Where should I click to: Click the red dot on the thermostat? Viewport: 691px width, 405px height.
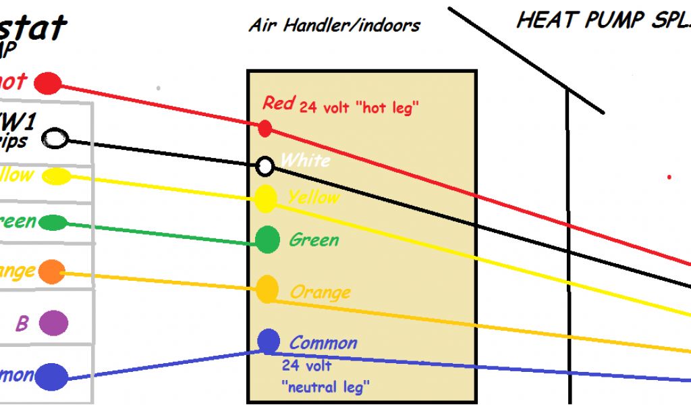point(48,84)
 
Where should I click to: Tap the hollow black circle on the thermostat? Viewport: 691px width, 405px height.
point(55,140)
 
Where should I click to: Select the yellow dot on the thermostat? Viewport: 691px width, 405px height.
point(56,176)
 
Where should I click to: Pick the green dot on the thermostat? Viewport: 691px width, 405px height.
point(53,223)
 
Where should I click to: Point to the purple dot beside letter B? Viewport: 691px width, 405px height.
point(53,323)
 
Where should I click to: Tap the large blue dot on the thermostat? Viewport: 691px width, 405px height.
point(52,377)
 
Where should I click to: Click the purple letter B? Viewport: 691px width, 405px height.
point(22,324)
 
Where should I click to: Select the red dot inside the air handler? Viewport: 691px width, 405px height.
point(265,128)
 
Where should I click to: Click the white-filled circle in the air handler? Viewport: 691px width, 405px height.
point(266,165)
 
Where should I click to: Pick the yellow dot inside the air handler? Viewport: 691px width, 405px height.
point(266,198)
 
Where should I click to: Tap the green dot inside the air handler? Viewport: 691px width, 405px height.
point(268,239)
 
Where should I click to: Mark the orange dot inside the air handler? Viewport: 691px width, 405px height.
point(268,289)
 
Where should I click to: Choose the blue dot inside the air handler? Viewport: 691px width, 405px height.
point(269,341)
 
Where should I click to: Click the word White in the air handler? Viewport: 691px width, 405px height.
point(305,161)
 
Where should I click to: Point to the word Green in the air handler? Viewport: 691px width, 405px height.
point(314,240)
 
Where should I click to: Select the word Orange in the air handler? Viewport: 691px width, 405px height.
point(320,292)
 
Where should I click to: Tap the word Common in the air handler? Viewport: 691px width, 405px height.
point(323,343)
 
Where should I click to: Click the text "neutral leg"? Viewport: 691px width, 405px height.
point(325,387)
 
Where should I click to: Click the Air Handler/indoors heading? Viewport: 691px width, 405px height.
point(334,26)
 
